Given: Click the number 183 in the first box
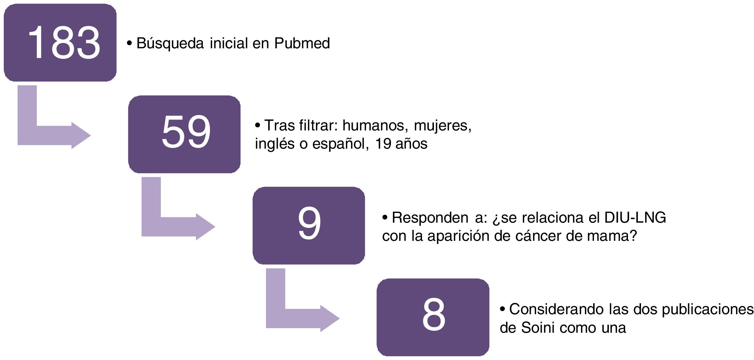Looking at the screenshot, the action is [64, 43].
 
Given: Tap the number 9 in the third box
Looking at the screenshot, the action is [309, 223].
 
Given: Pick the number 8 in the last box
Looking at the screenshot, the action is [434, 315].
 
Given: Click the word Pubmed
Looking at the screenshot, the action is [302, 43].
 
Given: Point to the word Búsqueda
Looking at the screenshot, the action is [170, 43].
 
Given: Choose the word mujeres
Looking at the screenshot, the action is [442, 126].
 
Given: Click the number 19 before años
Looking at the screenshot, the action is [383, 144].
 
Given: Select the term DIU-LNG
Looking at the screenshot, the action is [635, 218].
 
